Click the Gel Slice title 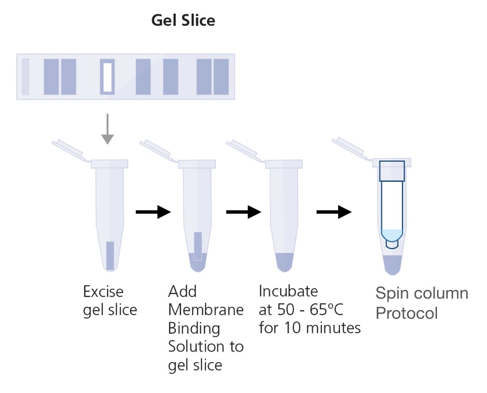pyautogui.click(x=183, y=21)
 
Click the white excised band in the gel pyautogui.click(x=108, y=77)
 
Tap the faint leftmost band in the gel pyautogui.click(x=25, y=77)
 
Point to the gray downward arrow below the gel pyautogui.click(x=108, y=129)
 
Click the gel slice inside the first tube pyautogui.click(x=110, y=255)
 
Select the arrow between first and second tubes pyautogui.click(x=153, y=212)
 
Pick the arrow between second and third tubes pyautogui.click(x=244, y=212)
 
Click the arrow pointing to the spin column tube pyautogui.click(x=334, y=212)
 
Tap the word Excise pyautogui.click(x=103, y=292)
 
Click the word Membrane pyautogui.click(x=206, y=310)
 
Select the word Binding pyautogui.click(x=194, y=329)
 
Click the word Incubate pyautogui.click(x=288, y=291)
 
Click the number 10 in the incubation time pyautogui.click(x=293, y=328)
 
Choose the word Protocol pyautogui.click(x=407, y=313)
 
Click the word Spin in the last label pyautogui.click(x=392, y=294)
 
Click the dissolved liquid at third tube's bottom pyautogui.click(x=284, y=262)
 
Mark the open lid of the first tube pyautogui.click(x=69, y=151)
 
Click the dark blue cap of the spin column pyautogui.click(x=392, y=171)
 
